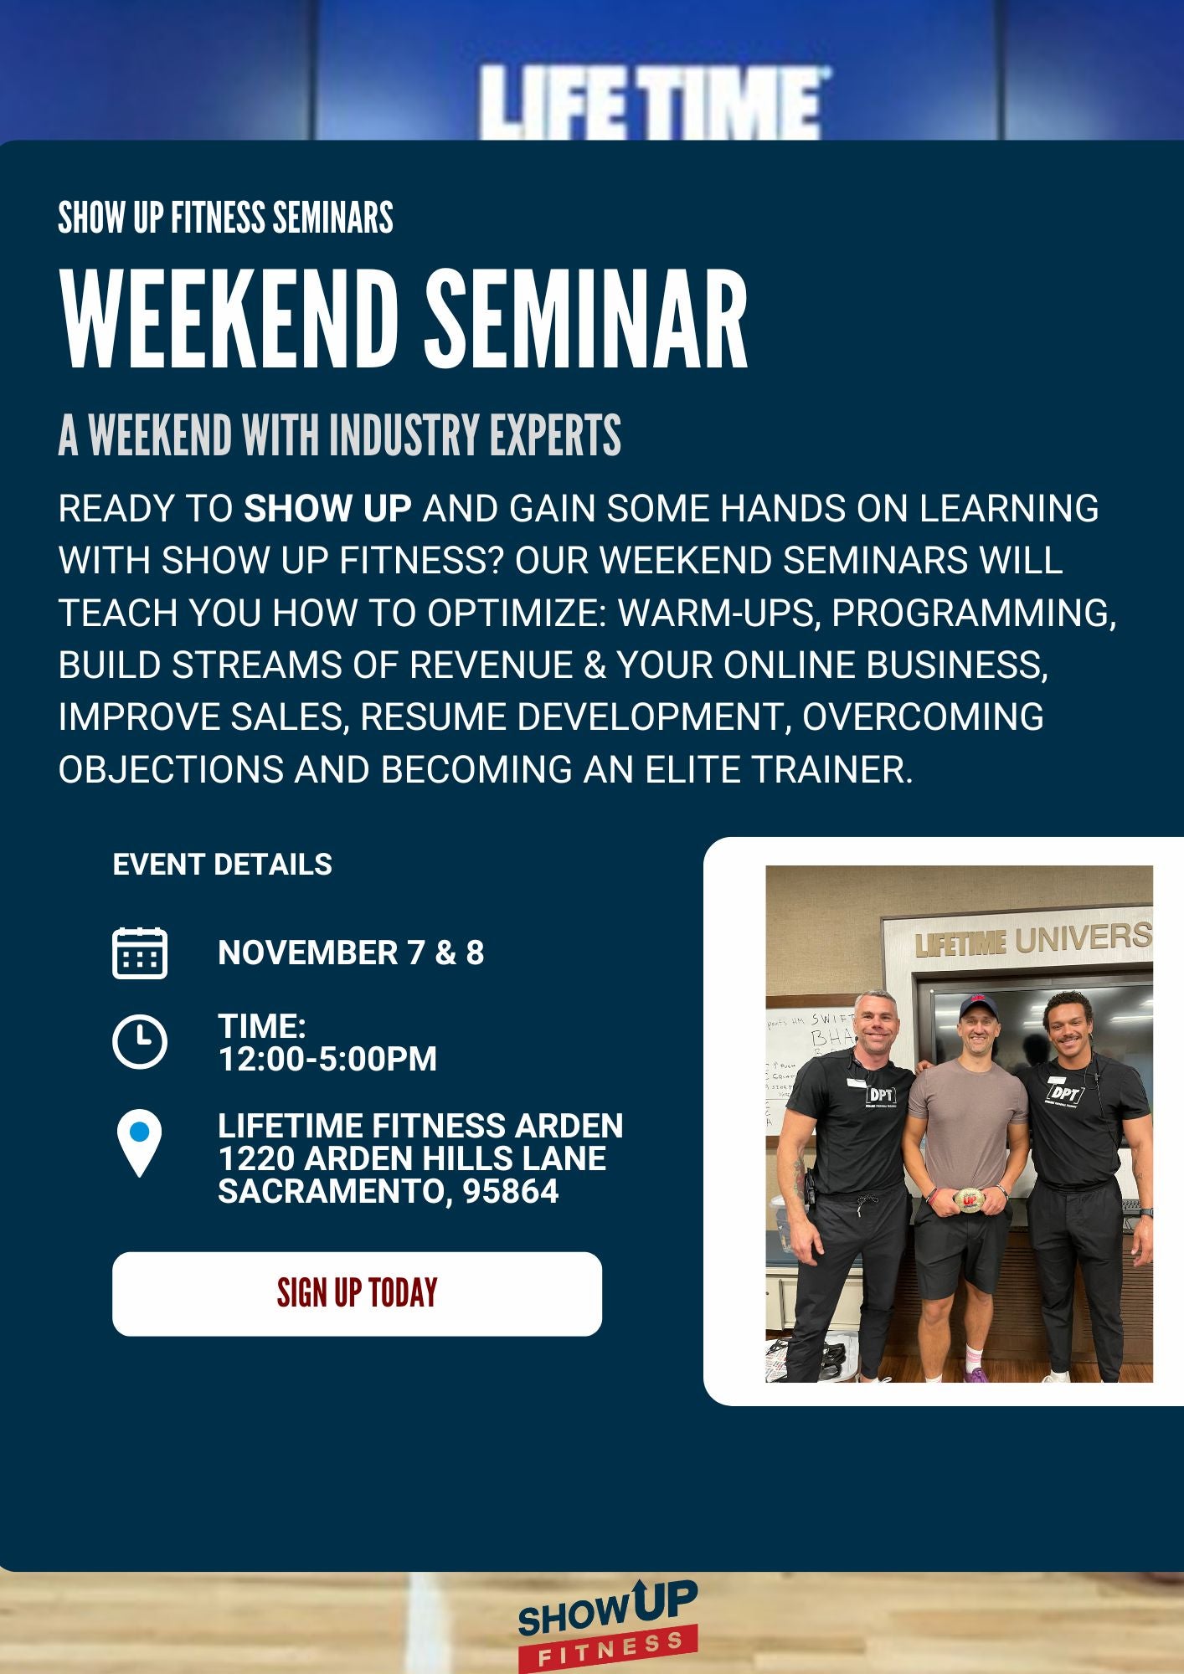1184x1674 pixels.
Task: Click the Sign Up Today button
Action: point(357,1293)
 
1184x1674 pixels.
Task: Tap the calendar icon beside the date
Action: point(140,953)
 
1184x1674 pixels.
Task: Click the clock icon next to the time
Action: point(140,1042)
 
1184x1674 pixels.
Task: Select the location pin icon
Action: point(140,1143)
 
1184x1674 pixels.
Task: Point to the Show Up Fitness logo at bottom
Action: point(608,1625)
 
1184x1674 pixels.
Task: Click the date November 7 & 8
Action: point(351,953)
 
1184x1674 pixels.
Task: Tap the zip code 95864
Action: point(511,1191)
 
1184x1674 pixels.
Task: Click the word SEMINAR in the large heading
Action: point(586,321)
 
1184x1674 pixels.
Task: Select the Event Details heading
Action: point(223,865)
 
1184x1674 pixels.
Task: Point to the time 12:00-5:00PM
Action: point(327,1059)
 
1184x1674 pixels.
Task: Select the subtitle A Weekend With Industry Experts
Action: point(339,435)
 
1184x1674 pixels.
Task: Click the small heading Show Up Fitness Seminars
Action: point(225,218)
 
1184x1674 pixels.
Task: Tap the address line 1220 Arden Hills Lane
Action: point(412,1158)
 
